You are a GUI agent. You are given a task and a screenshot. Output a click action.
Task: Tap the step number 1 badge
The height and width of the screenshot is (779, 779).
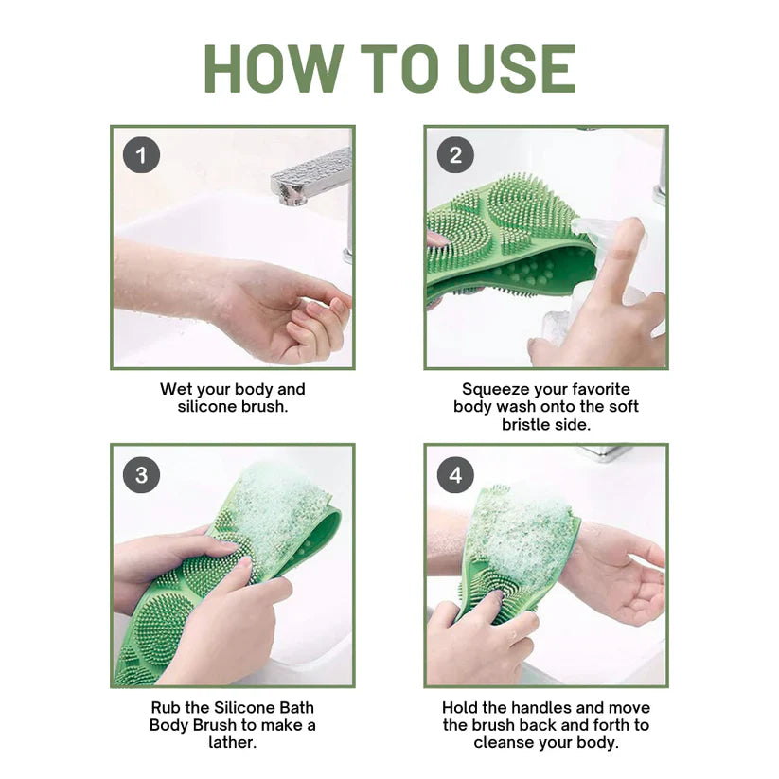tap(141, 154)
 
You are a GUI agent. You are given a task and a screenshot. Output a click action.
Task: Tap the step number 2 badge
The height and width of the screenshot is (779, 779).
tap(455, 154)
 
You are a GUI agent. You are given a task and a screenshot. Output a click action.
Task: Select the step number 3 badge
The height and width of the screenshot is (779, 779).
tap(141, 474)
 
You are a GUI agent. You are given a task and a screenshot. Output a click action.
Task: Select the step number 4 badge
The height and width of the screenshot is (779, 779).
tap(455, 474)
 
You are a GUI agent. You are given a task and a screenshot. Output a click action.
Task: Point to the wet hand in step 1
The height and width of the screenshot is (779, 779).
tap(284, 312)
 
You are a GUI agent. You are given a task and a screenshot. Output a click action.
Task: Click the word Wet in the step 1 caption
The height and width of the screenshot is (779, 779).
tap(175, 389)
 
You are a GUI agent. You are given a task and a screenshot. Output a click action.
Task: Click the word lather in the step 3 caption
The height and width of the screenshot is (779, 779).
tap(232, 743)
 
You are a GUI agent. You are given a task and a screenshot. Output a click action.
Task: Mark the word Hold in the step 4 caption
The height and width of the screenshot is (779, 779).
tap(461, 707)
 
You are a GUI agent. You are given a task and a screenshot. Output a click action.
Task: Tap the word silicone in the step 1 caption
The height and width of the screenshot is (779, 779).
tap(210, 407)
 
